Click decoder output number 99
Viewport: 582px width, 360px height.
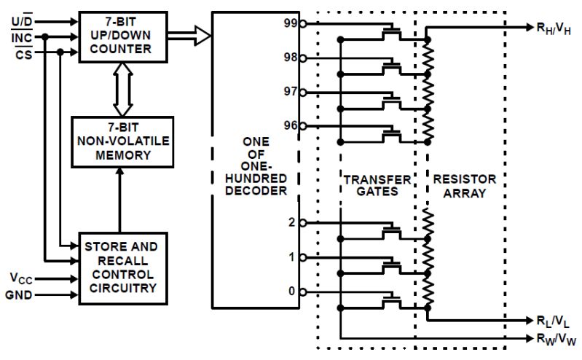click(x=290, y=23)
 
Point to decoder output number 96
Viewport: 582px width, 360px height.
click(x=290, y=125)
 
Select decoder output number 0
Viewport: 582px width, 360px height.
click(x=291, y=291)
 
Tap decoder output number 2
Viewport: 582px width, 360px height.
click(x=291, y=222)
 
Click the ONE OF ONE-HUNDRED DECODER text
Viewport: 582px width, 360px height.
click(x=257, y=165)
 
